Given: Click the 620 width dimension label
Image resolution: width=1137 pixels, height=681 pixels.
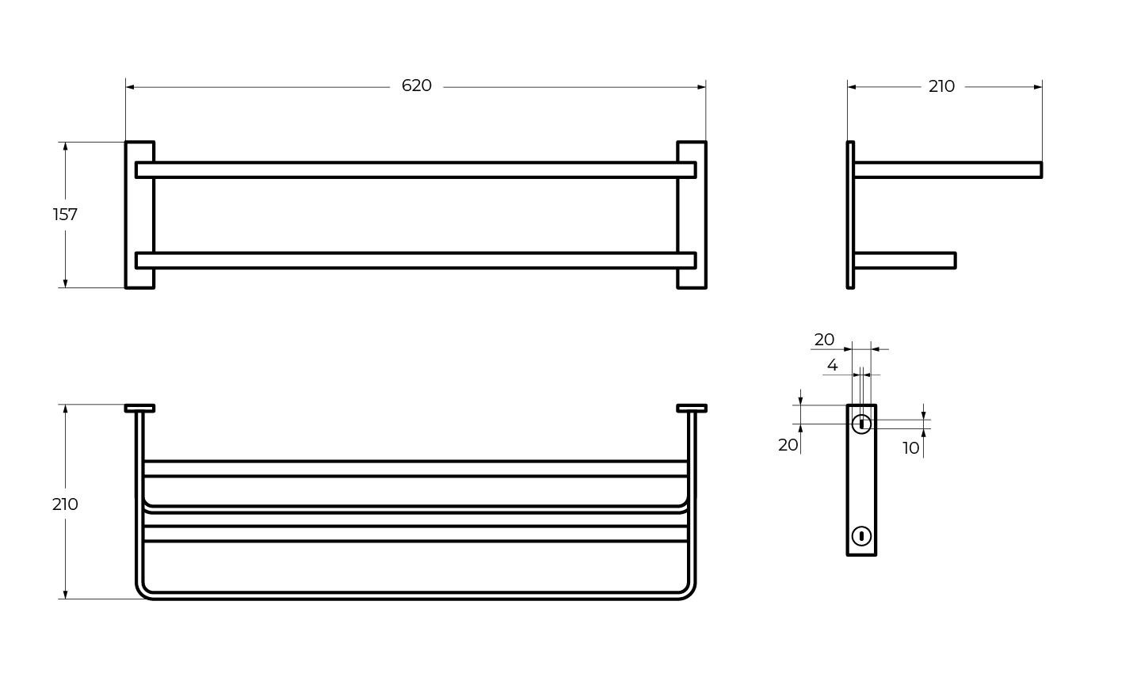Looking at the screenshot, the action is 416,86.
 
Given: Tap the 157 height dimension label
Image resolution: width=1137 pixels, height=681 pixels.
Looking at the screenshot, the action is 65,215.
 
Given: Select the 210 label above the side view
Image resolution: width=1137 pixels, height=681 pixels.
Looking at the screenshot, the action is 941,87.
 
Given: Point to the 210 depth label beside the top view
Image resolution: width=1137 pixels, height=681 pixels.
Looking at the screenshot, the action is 65,504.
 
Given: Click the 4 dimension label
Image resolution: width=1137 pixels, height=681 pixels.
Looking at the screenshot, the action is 833,365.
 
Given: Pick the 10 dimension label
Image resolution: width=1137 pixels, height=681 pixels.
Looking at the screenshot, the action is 911,448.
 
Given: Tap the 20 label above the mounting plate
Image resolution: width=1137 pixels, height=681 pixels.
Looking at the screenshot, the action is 824,340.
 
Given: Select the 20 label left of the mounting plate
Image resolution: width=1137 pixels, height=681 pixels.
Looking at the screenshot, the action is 788,445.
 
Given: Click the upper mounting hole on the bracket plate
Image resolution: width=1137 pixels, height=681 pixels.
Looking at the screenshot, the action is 861,424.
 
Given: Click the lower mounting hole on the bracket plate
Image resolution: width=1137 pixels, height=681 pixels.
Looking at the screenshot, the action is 861,536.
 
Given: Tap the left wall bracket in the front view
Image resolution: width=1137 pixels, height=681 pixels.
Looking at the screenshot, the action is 139,215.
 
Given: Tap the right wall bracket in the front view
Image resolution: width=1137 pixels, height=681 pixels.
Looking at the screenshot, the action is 692,215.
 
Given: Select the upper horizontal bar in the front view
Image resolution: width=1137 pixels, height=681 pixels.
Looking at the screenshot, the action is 416,170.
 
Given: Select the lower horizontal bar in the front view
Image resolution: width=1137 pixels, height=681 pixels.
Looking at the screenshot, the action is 416,261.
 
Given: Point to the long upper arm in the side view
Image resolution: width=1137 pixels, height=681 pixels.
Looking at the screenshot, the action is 948,170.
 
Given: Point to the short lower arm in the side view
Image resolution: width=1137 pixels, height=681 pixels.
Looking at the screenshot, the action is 905,261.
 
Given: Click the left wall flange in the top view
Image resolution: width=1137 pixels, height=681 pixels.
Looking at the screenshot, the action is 139,408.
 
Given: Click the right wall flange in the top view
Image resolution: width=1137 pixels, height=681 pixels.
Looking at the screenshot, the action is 692,408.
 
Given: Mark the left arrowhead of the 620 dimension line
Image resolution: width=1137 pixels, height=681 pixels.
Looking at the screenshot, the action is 130,87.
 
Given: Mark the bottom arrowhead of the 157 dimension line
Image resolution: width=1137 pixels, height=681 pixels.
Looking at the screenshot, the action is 65,283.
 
